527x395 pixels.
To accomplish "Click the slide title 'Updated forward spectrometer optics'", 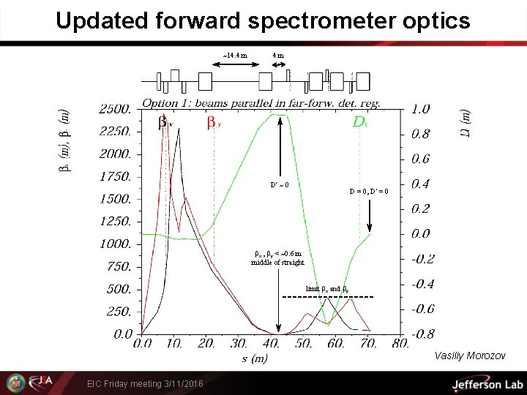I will click(x=263, y=20).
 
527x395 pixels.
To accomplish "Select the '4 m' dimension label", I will click(x=278, y=55).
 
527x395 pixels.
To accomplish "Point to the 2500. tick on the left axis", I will click(x=116, y=109).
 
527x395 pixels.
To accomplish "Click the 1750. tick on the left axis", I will click(x=116, y=176).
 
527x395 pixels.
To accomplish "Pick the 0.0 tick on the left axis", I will click(x=123, y=334).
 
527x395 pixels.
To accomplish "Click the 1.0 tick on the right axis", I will click(x=421, y=109).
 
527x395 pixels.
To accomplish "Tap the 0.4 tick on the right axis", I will click(x=421, y=184).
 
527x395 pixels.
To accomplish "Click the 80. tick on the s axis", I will click(x=401, y=343).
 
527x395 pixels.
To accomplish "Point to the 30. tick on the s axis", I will click(x=240, y=343).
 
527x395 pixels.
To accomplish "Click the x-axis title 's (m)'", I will click(x=255, y=358).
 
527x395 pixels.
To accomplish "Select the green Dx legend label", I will click(x=359, y=122).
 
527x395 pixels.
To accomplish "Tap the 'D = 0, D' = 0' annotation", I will click(x=373, y=191).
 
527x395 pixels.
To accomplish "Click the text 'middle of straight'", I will click(x=277, y=262).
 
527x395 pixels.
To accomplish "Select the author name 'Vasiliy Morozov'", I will click(x=469, y=356).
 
